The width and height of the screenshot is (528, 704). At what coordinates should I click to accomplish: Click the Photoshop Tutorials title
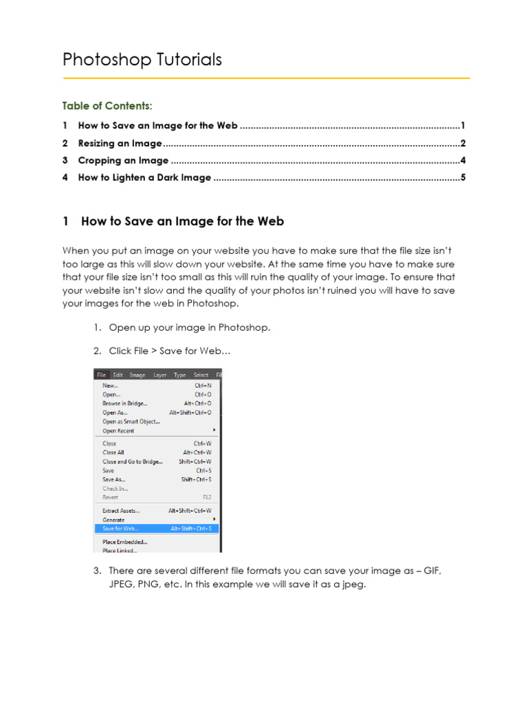pos(142,60)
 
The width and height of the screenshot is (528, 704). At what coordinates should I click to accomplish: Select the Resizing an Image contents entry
pos(120,144)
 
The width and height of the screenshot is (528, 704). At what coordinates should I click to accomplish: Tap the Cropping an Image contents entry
pos(123,161)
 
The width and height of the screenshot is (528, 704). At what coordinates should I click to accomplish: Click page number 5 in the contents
pos(463,178)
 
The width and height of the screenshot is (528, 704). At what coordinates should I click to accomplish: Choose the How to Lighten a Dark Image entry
pos(144,178)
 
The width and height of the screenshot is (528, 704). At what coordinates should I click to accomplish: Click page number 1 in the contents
pos(463,126)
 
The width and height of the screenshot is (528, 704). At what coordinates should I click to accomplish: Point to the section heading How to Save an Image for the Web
pos(182,221)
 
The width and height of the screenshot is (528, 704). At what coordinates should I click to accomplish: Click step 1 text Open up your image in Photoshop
pos(190,327)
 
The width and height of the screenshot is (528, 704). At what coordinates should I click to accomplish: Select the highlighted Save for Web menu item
pos(120,529)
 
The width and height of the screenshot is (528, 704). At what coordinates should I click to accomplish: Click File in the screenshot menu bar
pos(101,375)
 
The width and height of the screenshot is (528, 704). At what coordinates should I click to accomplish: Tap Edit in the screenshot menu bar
pos(118,375)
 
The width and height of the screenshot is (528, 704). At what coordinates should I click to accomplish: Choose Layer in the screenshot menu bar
pos(159,375)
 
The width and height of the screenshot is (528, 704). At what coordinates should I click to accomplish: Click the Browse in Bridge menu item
pos(124,404)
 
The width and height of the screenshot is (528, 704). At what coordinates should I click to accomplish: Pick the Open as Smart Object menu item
pos(131,421)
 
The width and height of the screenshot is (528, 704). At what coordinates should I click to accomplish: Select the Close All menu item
pos(113,453)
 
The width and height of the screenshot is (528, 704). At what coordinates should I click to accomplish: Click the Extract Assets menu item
pos(121,511)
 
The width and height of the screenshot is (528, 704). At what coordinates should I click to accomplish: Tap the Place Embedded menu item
pos(124,542)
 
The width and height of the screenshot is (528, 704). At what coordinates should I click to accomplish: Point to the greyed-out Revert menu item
pos(110,497)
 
